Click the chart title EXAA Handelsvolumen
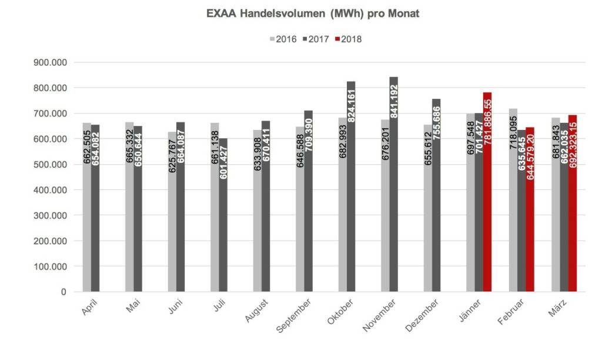[x=313, y=14]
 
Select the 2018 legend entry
[x=348, y=39]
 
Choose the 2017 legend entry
[x=315, y=39]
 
